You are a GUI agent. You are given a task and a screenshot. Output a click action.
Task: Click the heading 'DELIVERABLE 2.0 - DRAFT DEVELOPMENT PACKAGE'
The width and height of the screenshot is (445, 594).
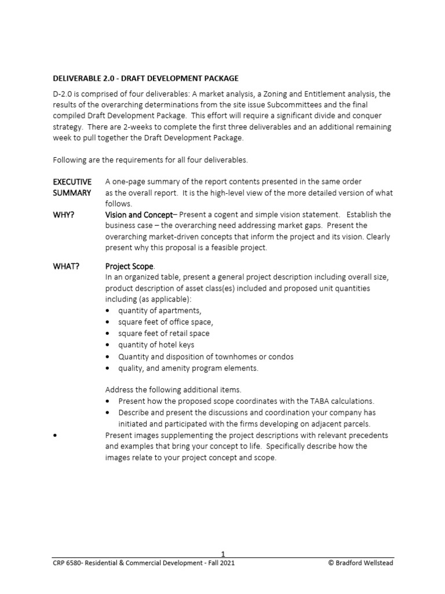(x=145, y=78)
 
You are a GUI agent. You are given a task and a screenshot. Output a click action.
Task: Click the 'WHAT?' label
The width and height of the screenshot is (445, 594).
(x=66, y=266)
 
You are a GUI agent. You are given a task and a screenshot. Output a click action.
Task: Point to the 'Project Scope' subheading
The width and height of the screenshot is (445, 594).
(x=129, y=266)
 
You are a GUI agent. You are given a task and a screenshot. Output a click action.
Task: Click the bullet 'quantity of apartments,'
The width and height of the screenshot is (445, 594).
(x=152, y=310)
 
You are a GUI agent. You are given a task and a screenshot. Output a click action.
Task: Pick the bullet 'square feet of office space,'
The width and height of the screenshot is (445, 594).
(x=166, y=322)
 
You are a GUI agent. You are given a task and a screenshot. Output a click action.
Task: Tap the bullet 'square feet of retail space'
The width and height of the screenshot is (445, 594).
(x=164, y=334)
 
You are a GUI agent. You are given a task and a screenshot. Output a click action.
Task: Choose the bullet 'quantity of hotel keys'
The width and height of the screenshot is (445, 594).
(x=156, y=345)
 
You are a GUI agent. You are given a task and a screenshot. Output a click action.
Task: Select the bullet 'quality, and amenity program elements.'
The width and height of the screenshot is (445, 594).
(x=188, y=368)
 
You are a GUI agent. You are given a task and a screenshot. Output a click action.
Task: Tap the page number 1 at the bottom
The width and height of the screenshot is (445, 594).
(x=222, y=554)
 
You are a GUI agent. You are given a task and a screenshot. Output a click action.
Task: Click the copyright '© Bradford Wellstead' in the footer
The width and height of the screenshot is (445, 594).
(x=360, y=563)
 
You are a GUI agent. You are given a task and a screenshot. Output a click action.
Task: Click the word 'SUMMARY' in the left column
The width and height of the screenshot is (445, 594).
(x=72, y=193)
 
